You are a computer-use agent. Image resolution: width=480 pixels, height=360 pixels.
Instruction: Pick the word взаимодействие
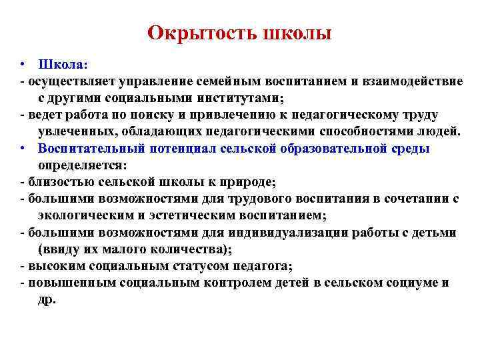pos(413,82)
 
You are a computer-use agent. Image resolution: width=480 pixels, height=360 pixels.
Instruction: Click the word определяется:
pos(83,165)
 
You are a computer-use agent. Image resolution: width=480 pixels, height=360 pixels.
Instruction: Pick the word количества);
pos(187,249)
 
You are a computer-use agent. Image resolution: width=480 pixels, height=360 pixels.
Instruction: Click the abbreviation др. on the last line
pos(47,299)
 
